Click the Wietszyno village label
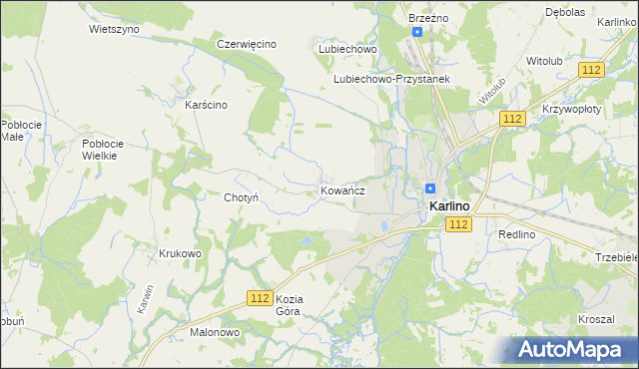click(114, 29)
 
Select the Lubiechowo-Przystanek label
click(392, 79)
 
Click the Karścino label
click(207, 105)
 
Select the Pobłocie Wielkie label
click(101, 150)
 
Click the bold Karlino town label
click(450, 206)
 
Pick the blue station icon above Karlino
click(430, 187)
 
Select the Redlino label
click(517, 233)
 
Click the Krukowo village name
click(180, 253)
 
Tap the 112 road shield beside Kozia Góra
click(261, 298)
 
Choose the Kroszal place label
click(595, 319)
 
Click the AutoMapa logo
click(574, 349)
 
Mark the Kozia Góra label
click(289, 305)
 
